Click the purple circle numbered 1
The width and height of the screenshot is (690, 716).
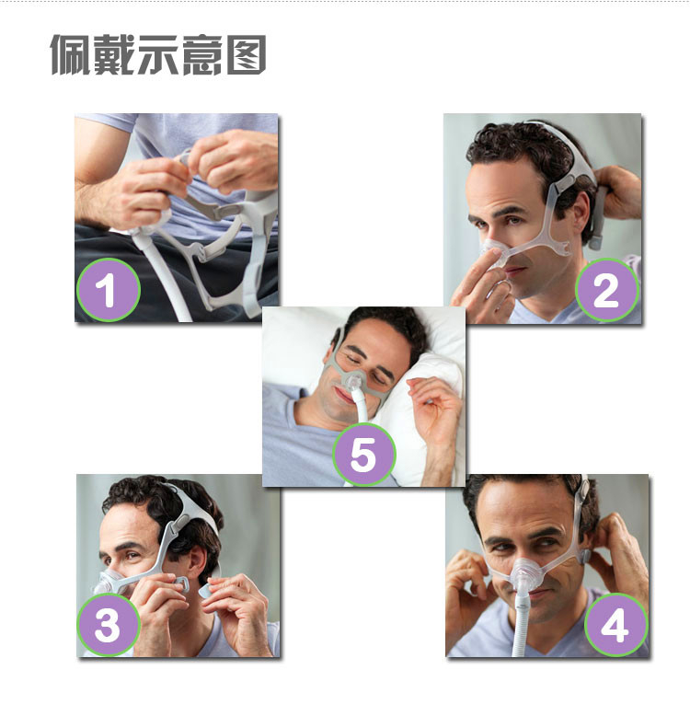click(109, 290)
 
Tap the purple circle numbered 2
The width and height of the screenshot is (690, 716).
click(606, 290)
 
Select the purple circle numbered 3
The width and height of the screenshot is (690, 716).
click(109, 624)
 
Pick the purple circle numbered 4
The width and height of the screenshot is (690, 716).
click(615, 624)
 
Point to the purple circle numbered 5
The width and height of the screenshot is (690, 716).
click(363, 454)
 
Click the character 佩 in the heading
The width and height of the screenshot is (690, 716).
click(70, 55)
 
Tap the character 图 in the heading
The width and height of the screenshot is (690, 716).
click(247, 55)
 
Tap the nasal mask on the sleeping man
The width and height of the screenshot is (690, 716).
click(353, 382)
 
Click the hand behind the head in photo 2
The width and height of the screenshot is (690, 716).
click(617, 191)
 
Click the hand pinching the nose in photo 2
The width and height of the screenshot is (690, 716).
click(480, 283)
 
